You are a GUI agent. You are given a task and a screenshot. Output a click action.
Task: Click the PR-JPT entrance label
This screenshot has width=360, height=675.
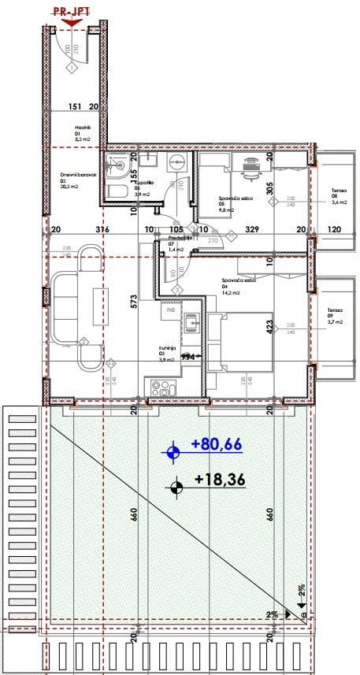tap(71, 13)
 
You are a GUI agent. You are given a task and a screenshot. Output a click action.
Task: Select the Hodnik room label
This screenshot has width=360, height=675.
tap(83, 132)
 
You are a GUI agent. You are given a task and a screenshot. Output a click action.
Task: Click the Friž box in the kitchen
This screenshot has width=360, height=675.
tap(170, 310)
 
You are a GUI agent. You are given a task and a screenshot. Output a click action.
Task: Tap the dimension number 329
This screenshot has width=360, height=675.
tap(251, 230)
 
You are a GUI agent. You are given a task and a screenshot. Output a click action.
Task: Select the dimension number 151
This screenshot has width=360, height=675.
tap(75, 106)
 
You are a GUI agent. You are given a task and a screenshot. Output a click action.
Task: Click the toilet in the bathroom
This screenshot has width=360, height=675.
tap(116, 192)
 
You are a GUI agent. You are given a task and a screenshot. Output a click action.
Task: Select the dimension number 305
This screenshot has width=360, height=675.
tap(270, 187)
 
